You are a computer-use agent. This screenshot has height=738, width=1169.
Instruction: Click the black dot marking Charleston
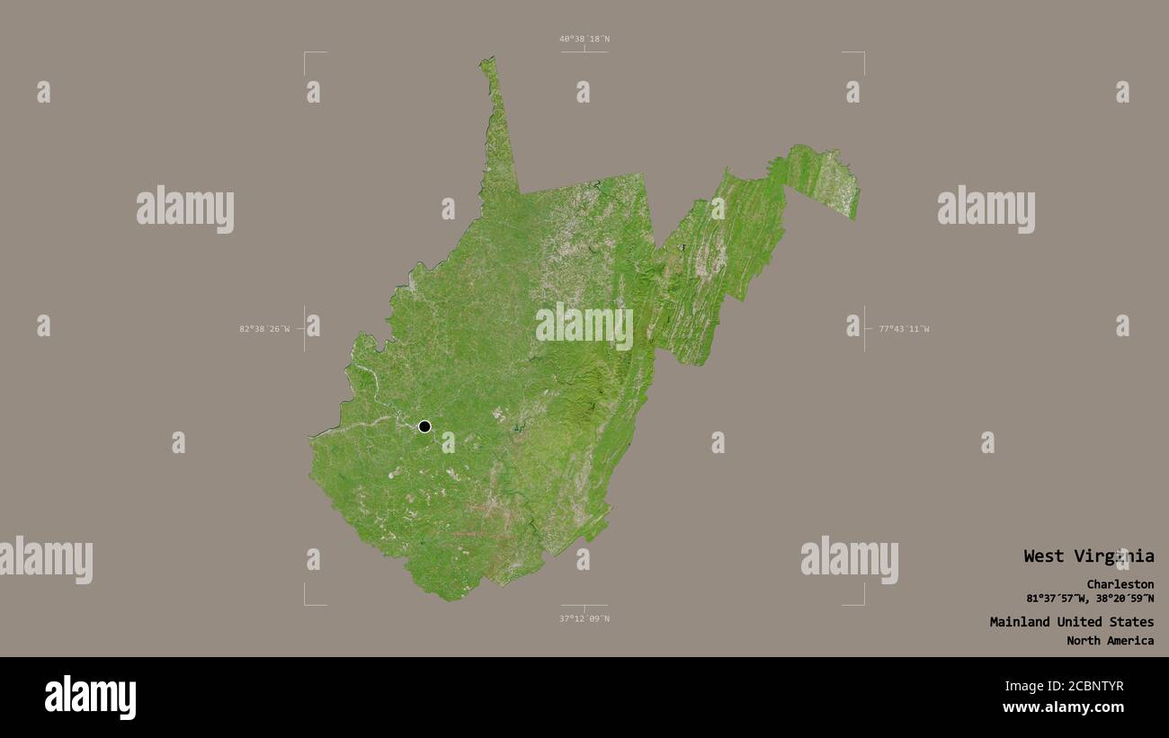pyautogui.click(x=424, y=426)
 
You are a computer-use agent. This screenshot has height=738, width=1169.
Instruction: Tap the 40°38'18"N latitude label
pyautogui.click(x=584, y=39)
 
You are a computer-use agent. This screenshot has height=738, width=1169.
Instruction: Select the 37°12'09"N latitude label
pyautogui.click(x=584, y=618)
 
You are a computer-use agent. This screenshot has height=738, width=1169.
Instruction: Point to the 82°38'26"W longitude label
pyautogui.click(x=264, y=329)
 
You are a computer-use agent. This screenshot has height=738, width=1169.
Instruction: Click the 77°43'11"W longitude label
pyautogui.click(x=904, y=329)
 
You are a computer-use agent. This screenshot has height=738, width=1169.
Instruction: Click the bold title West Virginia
pyautogui.click(x=1088, y=556)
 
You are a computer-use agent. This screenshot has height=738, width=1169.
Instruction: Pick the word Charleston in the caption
pyautogui.click(x=1120, y=584)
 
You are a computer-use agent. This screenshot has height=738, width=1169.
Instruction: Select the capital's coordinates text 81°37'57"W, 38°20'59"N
pyautogui.click(x=1090, y=599)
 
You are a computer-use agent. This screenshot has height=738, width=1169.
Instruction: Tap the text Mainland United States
pyautogui.click(x=1071, y=622)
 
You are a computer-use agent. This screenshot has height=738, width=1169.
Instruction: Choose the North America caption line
pyautogui.click(x=1110, y=641)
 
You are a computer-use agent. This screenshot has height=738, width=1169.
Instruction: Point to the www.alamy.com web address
pyautogui.click(x=1063, y=707)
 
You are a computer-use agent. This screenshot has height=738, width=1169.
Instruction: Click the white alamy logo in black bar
pyautogui.click(x=91, y=698)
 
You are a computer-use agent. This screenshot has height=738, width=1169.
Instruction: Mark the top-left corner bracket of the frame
pyautogui.click(x=306, y=54)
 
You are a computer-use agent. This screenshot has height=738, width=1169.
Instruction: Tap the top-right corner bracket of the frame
pyautogui.click(x=862, y=54)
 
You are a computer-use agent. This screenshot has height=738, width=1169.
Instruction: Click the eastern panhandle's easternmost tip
pyautogui.click(x=857, y=191)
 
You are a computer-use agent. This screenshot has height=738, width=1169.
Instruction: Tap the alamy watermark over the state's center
pyautogui.click(x=584, y=325)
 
